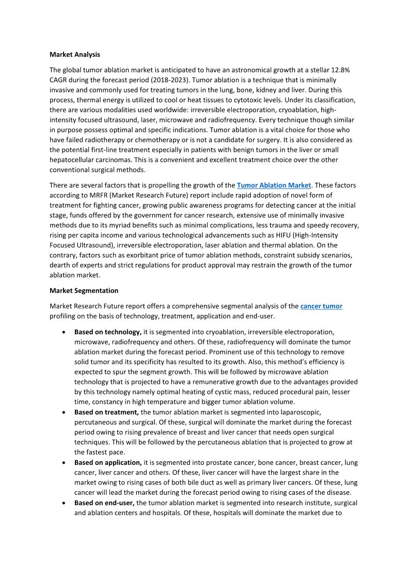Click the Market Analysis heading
point(75,54)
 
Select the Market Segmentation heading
point(84,291)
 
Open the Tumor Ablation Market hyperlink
point(274,185)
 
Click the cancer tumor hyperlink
point(321,306)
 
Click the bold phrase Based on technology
point(107,332)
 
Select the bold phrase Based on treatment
point(106,412)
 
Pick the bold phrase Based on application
point(108,462)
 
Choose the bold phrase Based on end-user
point(104,503)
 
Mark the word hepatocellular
point(80,160)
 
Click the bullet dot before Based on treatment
point(63,413)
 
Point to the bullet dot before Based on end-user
point(63,503)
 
